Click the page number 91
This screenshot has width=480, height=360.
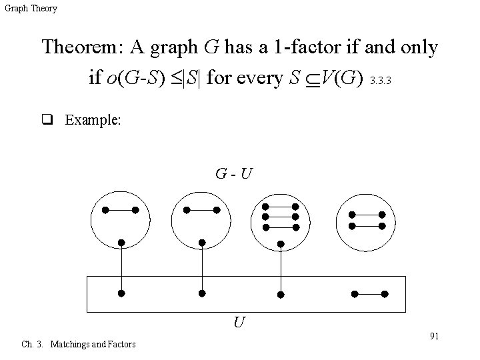click(433, 335)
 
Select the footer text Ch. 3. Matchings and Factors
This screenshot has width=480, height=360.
click(79, 344)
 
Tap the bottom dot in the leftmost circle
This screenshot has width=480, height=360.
click(121, 241)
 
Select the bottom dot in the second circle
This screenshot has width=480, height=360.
click(202, 241)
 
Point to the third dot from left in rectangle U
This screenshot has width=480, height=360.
click(281, 294)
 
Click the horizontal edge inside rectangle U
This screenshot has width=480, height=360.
click(369, 293)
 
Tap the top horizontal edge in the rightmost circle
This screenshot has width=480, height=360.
click(367, 215)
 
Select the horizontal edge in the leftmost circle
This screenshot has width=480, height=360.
click(120, 211)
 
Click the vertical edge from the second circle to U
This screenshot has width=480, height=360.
click(202, 267)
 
